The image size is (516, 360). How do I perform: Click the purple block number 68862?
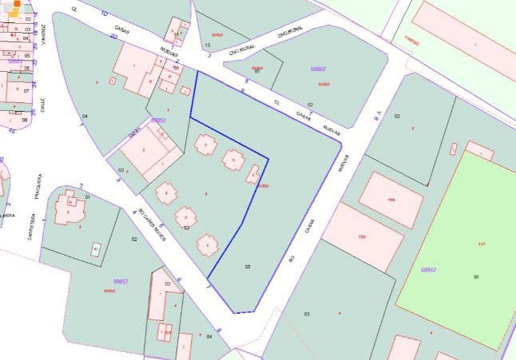[x=318, y=69]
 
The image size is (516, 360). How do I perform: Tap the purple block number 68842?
[x=428, y=270]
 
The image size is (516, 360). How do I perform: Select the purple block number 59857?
[x=121, y=281]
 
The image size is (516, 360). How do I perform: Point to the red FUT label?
[x=481, y=243]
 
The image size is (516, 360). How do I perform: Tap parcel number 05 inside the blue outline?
[x=248, y=266]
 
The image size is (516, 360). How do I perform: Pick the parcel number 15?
[x=208, y=45]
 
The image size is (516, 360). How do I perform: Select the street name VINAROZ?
[x=45, y=35]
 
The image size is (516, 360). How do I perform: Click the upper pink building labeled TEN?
[x=391, y=200]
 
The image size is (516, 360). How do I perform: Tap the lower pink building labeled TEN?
[x=363, y=236]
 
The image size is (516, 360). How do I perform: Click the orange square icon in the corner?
[x=16, y=11]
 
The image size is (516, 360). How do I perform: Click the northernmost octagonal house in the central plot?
[x=206, y=144]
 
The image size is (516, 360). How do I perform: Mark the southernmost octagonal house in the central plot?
[x=208, y=244]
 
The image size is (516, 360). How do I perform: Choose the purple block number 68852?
[x=158, y=121]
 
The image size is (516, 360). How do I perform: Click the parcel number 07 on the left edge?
[x=26, y=90]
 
